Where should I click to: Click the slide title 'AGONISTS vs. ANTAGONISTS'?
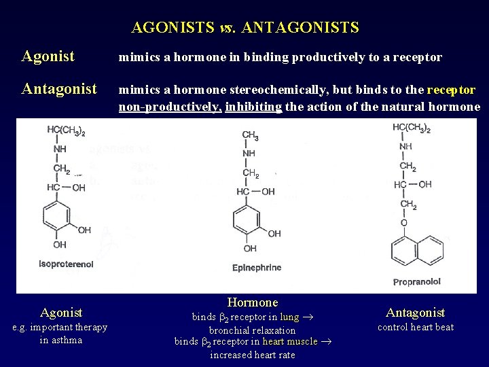pos(244,28)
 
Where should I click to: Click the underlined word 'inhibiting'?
pos(253,107)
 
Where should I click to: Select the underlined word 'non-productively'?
pos(170,107)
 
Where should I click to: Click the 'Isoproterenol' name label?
pos(66,264)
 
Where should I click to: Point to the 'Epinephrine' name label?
pos(257,268)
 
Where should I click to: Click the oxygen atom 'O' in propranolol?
pos(404,222)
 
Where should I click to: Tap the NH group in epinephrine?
pos(250,154)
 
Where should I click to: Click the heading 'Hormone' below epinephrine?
pos(253,302)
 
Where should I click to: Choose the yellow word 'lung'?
pos(289,317)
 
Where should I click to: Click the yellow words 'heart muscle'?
pos(290,341)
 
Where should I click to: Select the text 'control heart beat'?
pos(415,327)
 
